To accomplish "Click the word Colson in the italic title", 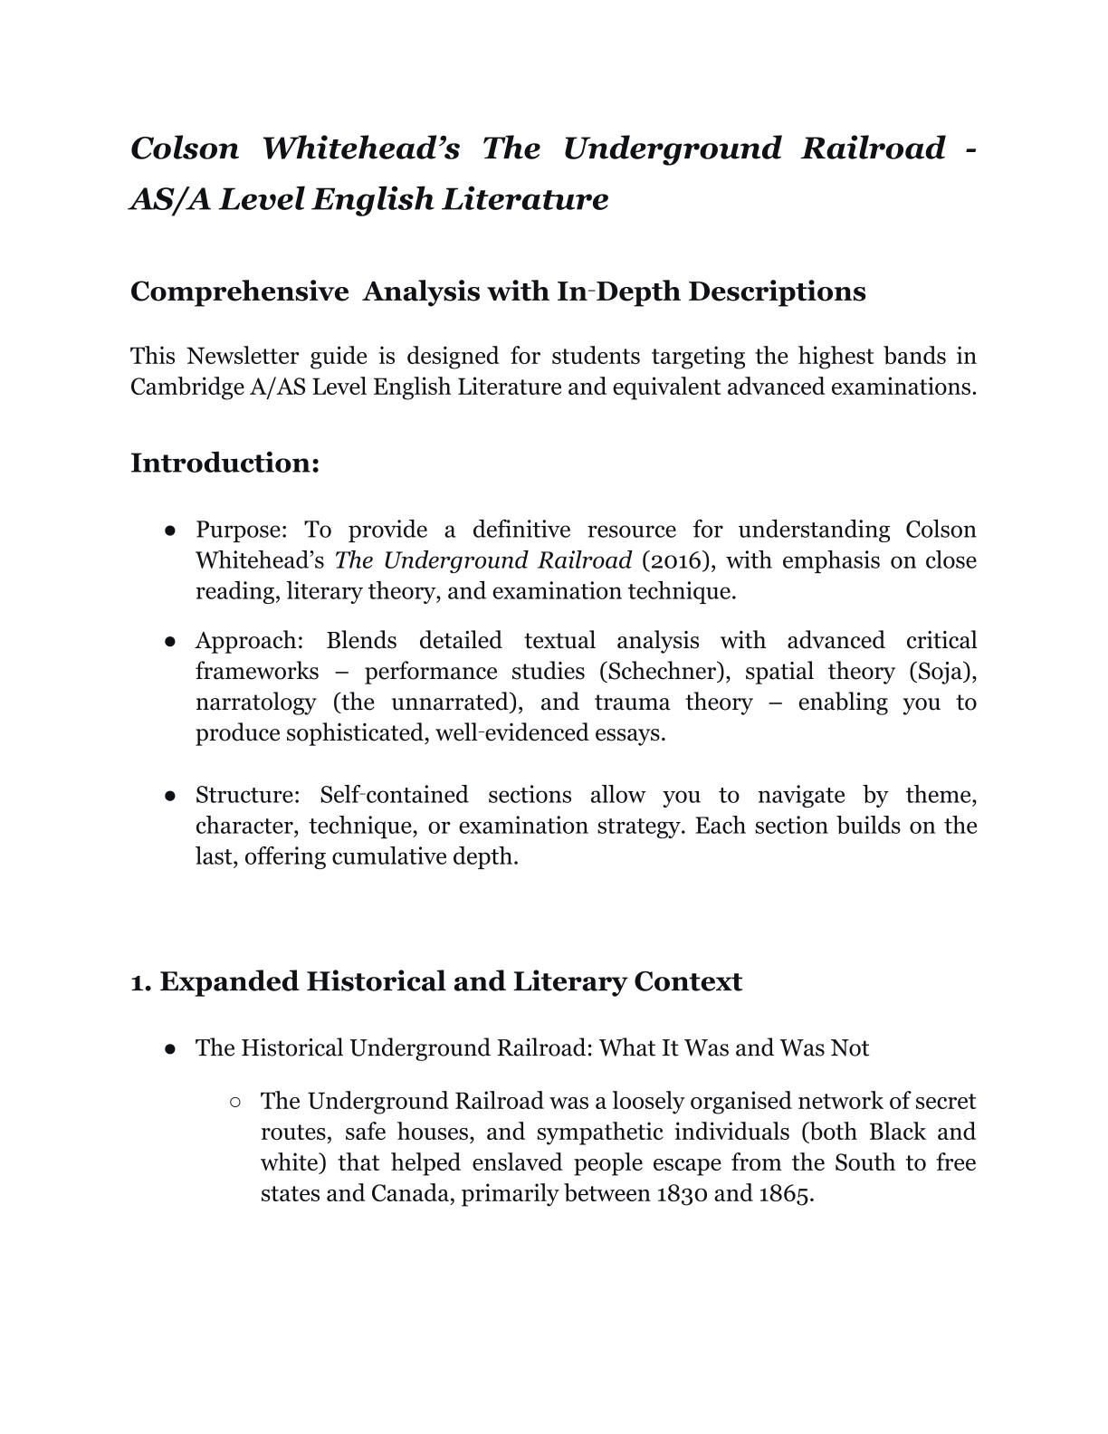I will point(185,148).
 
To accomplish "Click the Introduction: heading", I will point(224,463).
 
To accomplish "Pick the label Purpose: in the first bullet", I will point(239,530).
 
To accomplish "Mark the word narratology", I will point(255,703).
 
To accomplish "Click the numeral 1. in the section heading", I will point(141,982).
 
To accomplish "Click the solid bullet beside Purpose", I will point(170,531).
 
